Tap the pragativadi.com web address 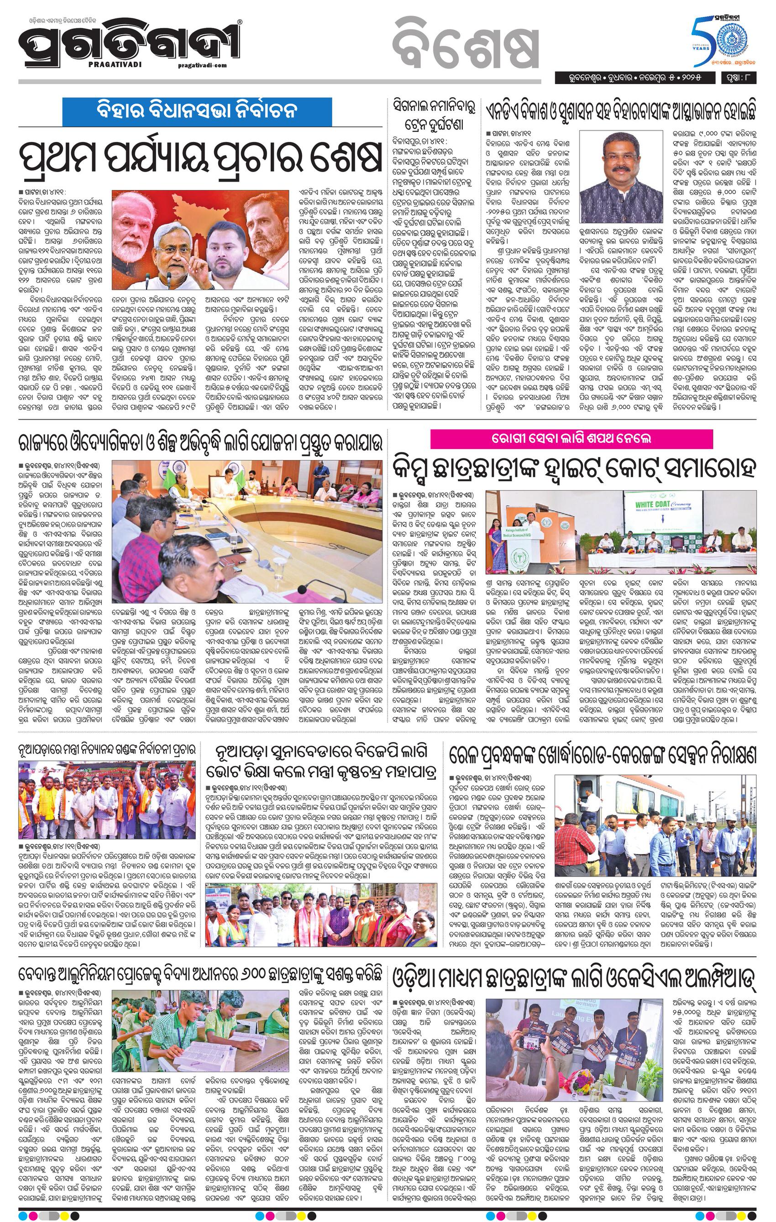203,65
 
